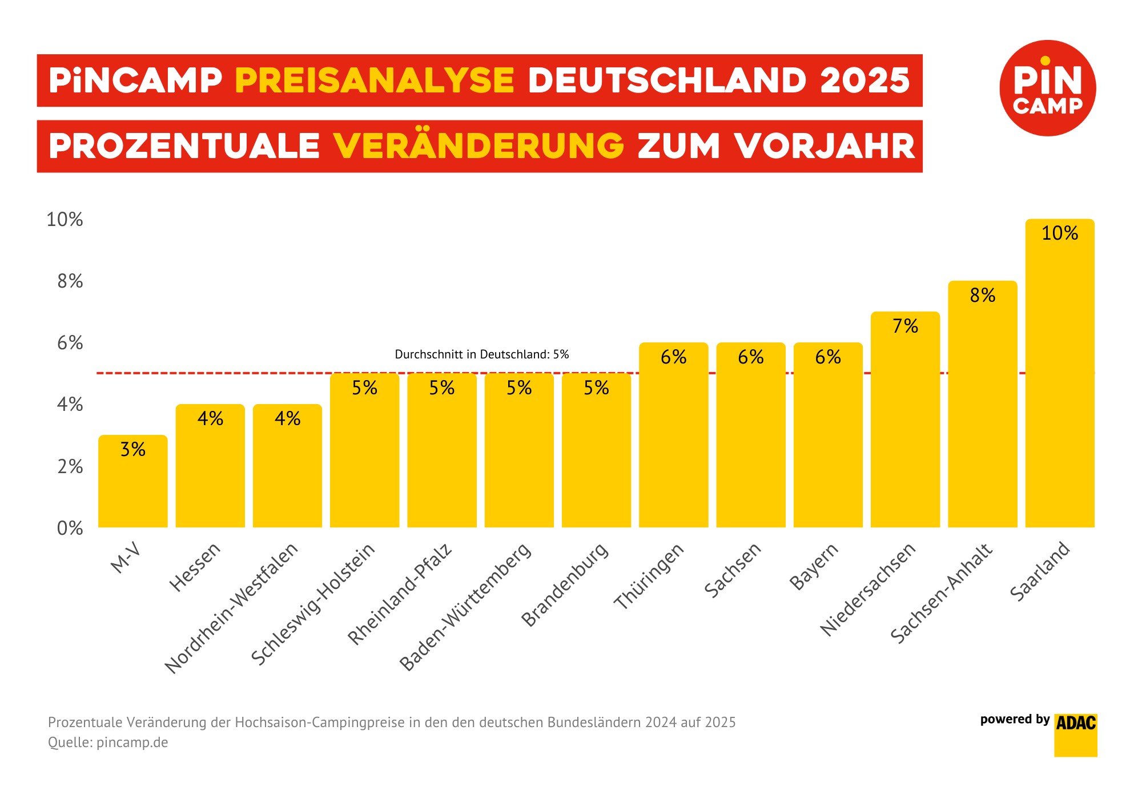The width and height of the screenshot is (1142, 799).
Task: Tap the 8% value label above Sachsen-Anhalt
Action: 983,296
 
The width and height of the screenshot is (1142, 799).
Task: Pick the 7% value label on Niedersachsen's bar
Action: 905,326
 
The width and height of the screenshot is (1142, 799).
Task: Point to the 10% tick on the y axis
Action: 65,220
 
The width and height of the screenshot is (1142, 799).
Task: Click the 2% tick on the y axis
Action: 70,467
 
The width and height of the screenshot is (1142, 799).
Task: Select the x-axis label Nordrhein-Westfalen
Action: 231,608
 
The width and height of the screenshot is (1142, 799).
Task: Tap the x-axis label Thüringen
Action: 649,576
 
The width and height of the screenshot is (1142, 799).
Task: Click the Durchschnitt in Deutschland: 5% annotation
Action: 482,354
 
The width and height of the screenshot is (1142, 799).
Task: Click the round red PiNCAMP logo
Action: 1048,88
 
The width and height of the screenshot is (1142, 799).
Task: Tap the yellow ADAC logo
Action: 1076,735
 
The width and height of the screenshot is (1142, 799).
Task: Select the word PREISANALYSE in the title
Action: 375,80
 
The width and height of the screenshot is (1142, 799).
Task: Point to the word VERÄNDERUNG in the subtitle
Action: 478,146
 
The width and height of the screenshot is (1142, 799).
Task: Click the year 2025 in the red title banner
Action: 864,80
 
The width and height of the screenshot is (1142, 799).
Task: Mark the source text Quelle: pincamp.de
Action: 108,742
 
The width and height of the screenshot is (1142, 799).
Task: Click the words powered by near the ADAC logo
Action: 1015,720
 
